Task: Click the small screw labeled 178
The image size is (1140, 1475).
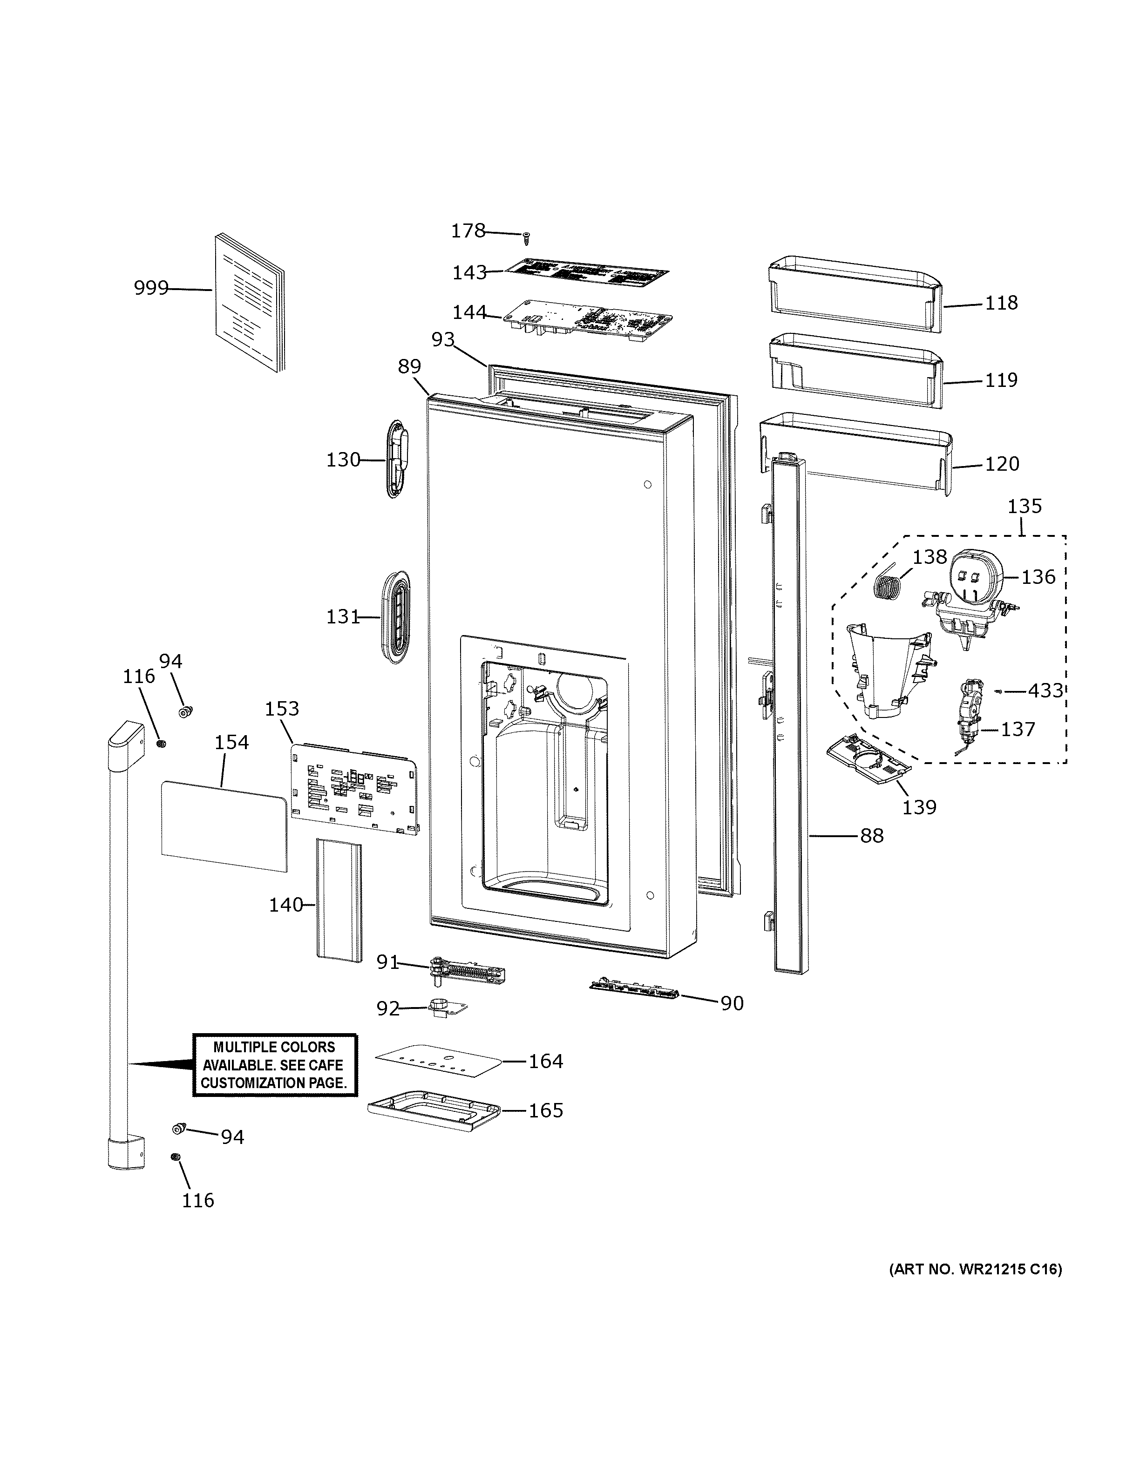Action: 527,238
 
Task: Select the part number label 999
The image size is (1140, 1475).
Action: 150,288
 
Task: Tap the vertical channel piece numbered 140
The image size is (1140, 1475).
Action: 338,898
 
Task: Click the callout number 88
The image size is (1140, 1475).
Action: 871,836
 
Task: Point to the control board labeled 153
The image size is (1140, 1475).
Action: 353,788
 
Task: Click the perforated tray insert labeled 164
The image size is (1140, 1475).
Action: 440,1062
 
